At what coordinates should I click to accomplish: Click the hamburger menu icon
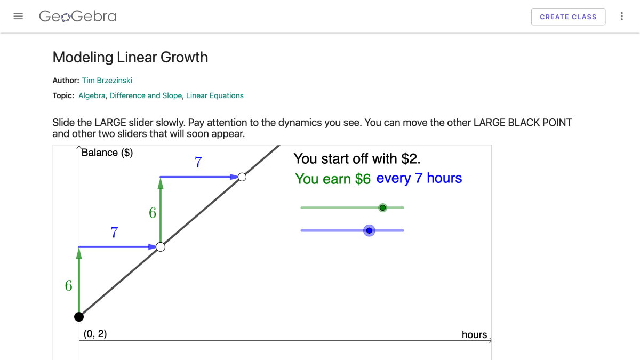18,17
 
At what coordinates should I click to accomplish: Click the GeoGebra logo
77,17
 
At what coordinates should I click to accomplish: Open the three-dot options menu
621,17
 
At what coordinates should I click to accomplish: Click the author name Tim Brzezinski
107,81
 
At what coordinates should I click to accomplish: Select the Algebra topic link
92,96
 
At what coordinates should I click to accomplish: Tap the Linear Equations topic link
215,96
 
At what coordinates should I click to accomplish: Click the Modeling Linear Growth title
130,58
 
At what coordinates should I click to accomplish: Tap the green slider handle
382,207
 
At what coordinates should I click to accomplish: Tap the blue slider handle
369,230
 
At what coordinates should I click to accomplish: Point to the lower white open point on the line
161,247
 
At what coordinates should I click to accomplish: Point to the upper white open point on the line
242,177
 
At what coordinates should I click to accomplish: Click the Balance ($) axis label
107,153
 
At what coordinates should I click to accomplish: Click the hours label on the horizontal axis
474,335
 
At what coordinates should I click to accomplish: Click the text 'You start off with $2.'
357,158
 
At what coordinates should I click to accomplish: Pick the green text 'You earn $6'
333,179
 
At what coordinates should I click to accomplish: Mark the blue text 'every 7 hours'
419,179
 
